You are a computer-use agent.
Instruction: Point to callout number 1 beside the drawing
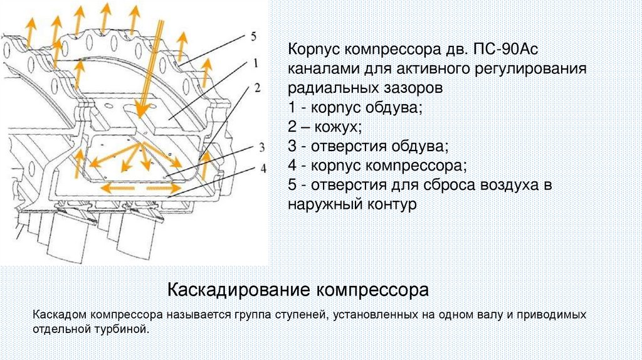[256, 62]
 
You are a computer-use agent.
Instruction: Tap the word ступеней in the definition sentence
[298, 314]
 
